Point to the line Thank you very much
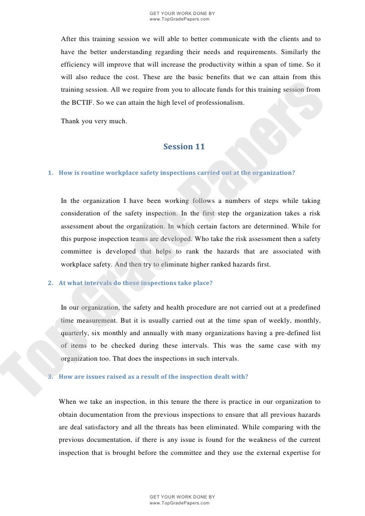click(94, 121)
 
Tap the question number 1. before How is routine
click(50, 173)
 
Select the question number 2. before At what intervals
click(50, 283)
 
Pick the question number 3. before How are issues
click(50, 377)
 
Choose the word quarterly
click(75, 333)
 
